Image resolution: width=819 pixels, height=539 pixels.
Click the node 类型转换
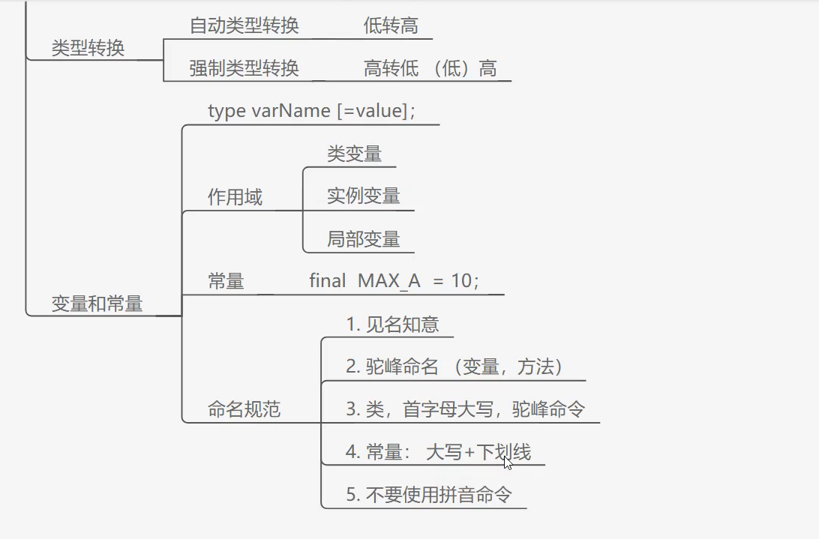[88, 49]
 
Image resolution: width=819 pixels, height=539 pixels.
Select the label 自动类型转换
[244, 25]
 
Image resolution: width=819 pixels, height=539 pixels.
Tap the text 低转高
[391, 25]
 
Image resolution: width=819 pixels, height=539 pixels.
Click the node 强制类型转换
[244, 69]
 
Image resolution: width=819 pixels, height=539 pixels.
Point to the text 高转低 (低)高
[430, 69]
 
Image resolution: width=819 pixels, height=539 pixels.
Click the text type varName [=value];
[311, 111]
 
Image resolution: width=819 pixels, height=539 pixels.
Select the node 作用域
[235, 198]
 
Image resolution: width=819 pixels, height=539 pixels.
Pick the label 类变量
[354, 154]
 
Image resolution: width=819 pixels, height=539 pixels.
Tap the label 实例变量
[363, 196]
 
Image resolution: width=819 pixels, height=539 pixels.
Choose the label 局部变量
[363, 239]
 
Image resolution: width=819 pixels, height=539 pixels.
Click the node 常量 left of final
[226, 282]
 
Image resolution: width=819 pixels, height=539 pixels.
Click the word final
[327, 281]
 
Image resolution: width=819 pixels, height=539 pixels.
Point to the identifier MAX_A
[389, 282]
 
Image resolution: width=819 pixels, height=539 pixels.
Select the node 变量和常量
[97, 304]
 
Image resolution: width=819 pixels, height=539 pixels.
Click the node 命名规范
[244, 410]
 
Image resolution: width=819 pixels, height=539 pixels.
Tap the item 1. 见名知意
[392, 325]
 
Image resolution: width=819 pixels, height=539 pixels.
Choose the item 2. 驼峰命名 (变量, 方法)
[454, 367]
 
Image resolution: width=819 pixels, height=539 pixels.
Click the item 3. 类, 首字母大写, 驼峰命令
[465, 409]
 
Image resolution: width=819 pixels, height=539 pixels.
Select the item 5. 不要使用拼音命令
[428, 495]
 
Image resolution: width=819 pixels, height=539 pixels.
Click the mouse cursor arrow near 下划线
[508, 463]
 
